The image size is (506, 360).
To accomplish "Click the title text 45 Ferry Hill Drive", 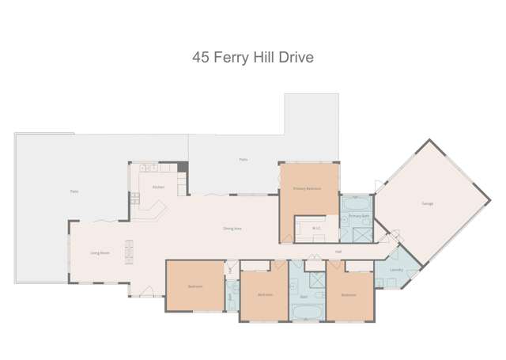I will (254, 57).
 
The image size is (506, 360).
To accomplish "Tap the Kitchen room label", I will (157, 187).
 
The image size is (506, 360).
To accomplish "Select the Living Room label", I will (99, 252).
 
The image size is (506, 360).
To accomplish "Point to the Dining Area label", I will (232, 229).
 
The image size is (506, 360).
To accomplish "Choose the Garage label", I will (427, 203).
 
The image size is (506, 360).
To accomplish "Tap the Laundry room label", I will (397, 270).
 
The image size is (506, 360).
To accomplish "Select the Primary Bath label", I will (360, 215).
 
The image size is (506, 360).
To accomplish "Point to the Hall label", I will (338, 252).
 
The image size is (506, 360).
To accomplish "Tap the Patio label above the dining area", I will (244, 160).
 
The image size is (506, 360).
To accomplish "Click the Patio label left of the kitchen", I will (74, 191).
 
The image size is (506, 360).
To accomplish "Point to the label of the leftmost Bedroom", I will (195, 286).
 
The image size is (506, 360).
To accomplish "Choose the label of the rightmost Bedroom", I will (348, 294).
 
